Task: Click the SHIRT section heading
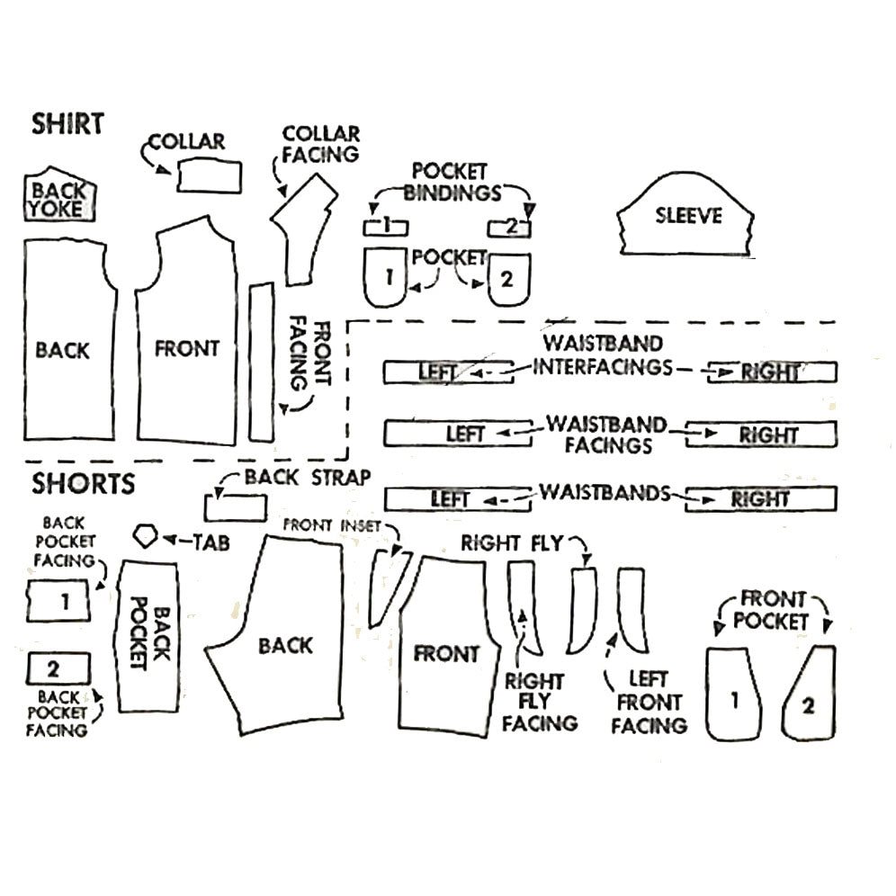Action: click(x=68, y=123)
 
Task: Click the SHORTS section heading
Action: click(x=84, y=483)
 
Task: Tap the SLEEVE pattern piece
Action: click(x=686, y=217)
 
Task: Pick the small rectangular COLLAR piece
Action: click(x=210, y=175)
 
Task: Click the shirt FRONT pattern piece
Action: click(x=187, y=348)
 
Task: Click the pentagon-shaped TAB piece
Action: click(x=146, y=538)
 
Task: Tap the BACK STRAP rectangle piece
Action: click(x=234, y=508)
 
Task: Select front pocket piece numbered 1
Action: click(x=734, y=695)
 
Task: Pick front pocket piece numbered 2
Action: click(x=810, y=697)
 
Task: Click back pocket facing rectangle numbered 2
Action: click(x=58, y=668)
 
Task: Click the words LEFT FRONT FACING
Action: click(x=648, y=703)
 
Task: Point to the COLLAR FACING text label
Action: click(x=320, y=144)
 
